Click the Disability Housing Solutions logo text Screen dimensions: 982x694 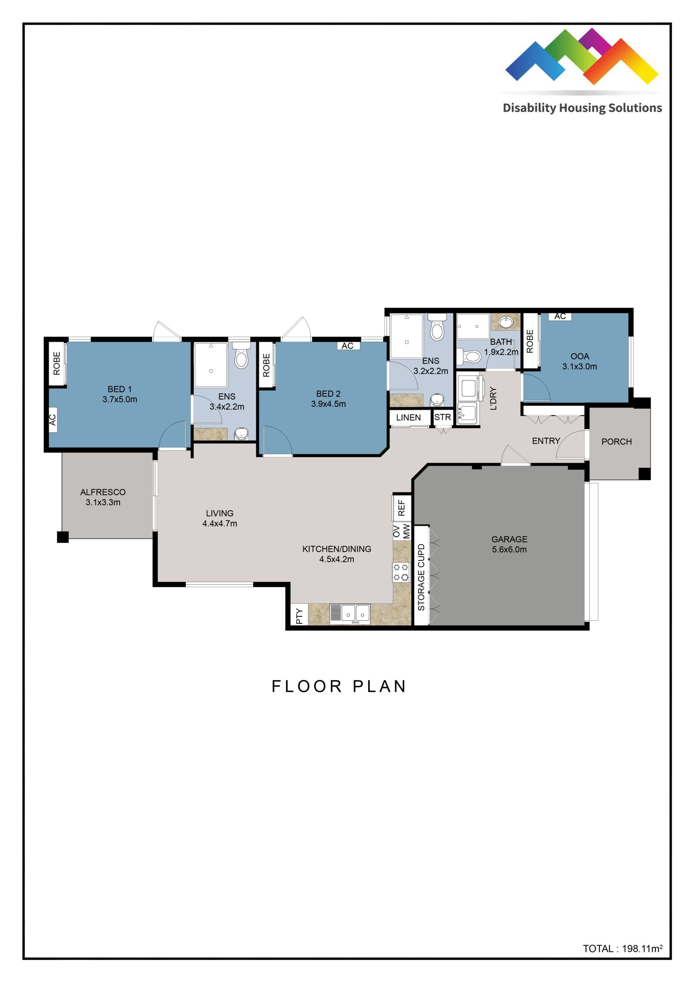click(x=582, y=108)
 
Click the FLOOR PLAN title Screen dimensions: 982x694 click(x=339, y=687)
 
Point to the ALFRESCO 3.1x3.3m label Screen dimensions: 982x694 click(x=103, y=497)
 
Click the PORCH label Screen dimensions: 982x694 click(x=616, y=442)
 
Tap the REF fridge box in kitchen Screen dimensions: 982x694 click(x=401, y=507)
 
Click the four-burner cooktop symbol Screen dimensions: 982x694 click(x=401, y=572)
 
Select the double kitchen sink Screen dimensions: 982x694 click(x=350, y=614)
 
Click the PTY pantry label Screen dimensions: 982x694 click(x=299, y=616)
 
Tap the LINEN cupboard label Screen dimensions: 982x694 click(x=408, y=417)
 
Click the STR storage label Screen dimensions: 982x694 click(x=442, y=417)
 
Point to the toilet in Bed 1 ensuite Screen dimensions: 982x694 click(x=241, y=358)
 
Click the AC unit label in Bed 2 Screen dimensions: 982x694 click(x=347, y=346)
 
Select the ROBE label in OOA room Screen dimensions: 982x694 click(x=530, y=341)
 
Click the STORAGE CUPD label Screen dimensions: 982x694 click(x=421, y=577)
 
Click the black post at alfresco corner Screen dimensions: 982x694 click(x=63, y=537)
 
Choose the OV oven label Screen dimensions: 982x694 click(x=397, y=531)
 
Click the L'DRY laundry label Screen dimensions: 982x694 click(x=493, y=398)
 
